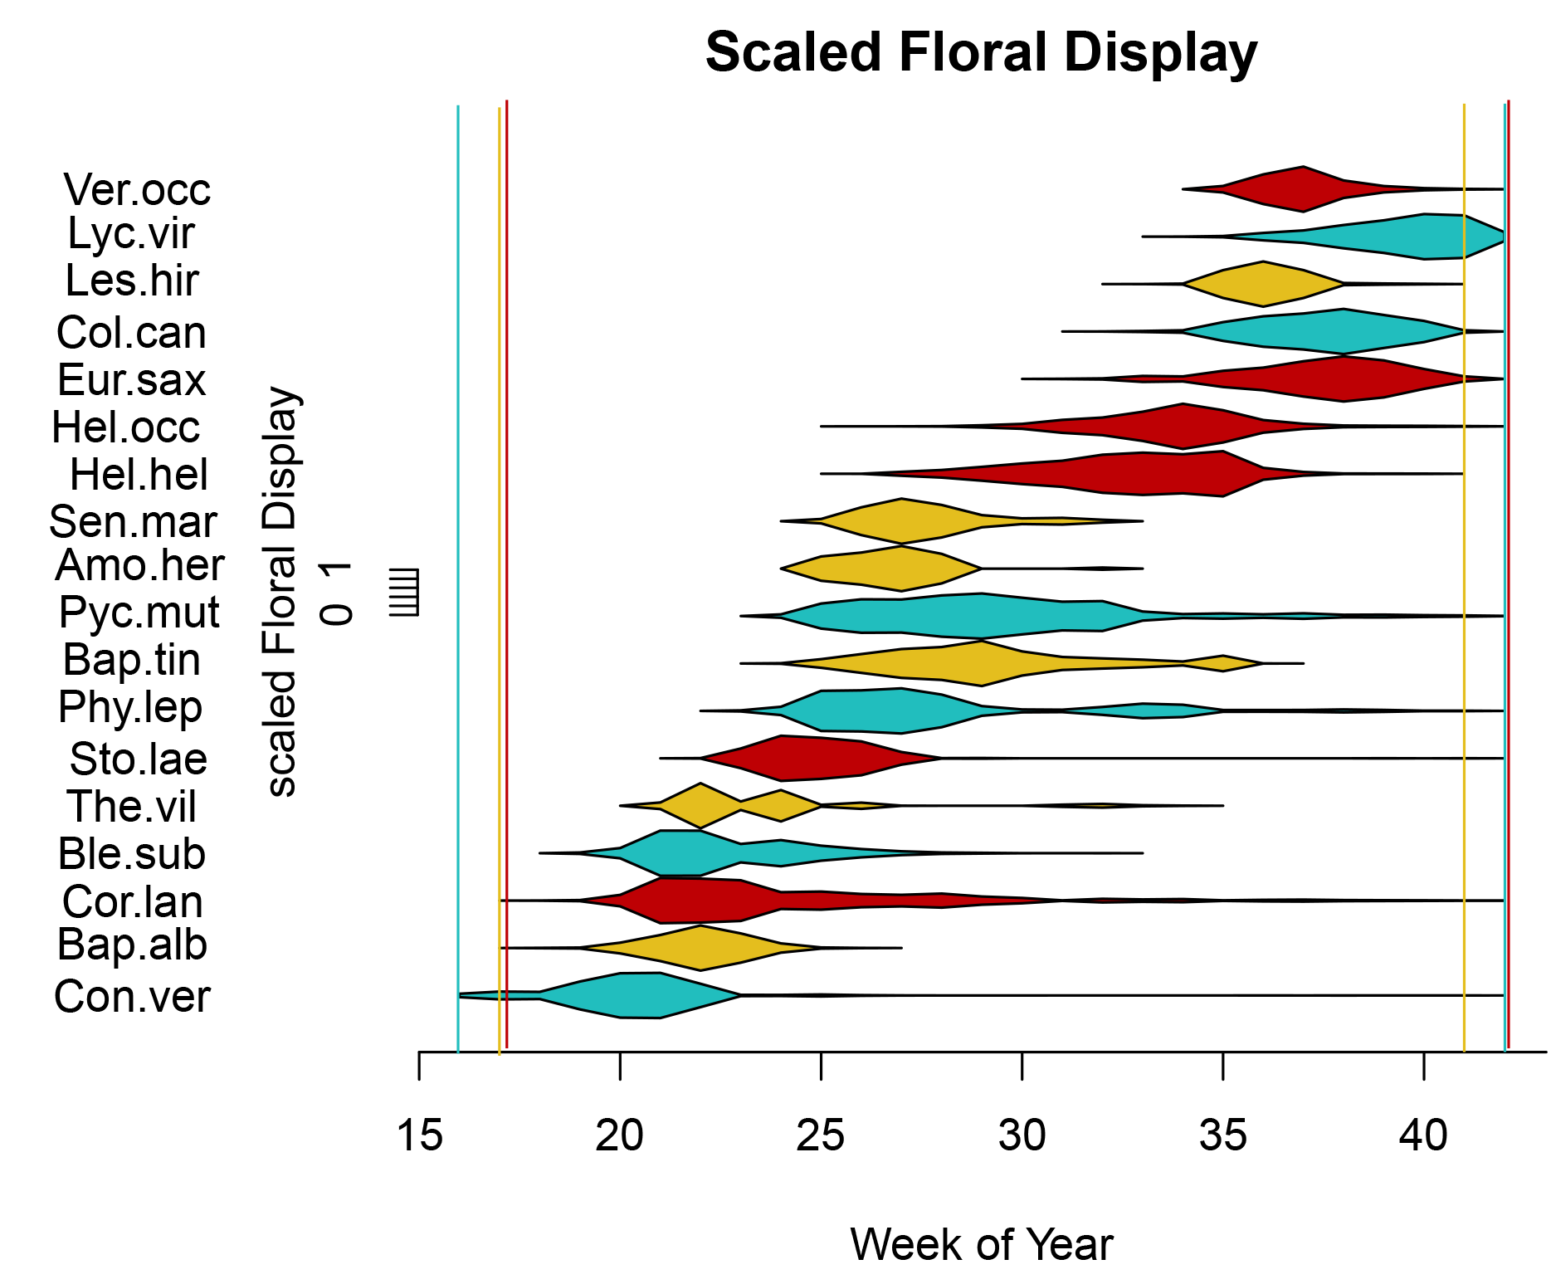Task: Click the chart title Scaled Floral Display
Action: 981,52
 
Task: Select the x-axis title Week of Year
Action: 981,1244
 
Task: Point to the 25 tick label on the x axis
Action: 820,1135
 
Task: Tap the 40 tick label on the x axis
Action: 1423,1135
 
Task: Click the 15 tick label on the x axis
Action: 419,1135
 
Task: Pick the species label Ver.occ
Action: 137,190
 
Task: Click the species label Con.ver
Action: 132,996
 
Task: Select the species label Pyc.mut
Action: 139,613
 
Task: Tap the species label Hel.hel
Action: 139,475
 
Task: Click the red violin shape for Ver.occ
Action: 1303,189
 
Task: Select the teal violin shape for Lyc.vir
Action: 1423,237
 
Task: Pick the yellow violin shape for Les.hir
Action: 1263,284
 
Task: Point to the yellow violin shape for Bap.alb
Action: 701,948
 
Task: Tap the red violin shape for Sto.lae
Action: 801,759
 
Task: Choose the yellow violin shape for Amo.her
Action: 900,569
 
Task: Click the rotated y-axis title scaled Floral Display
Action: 281,592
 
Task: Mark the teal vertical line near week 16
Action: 458,581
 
